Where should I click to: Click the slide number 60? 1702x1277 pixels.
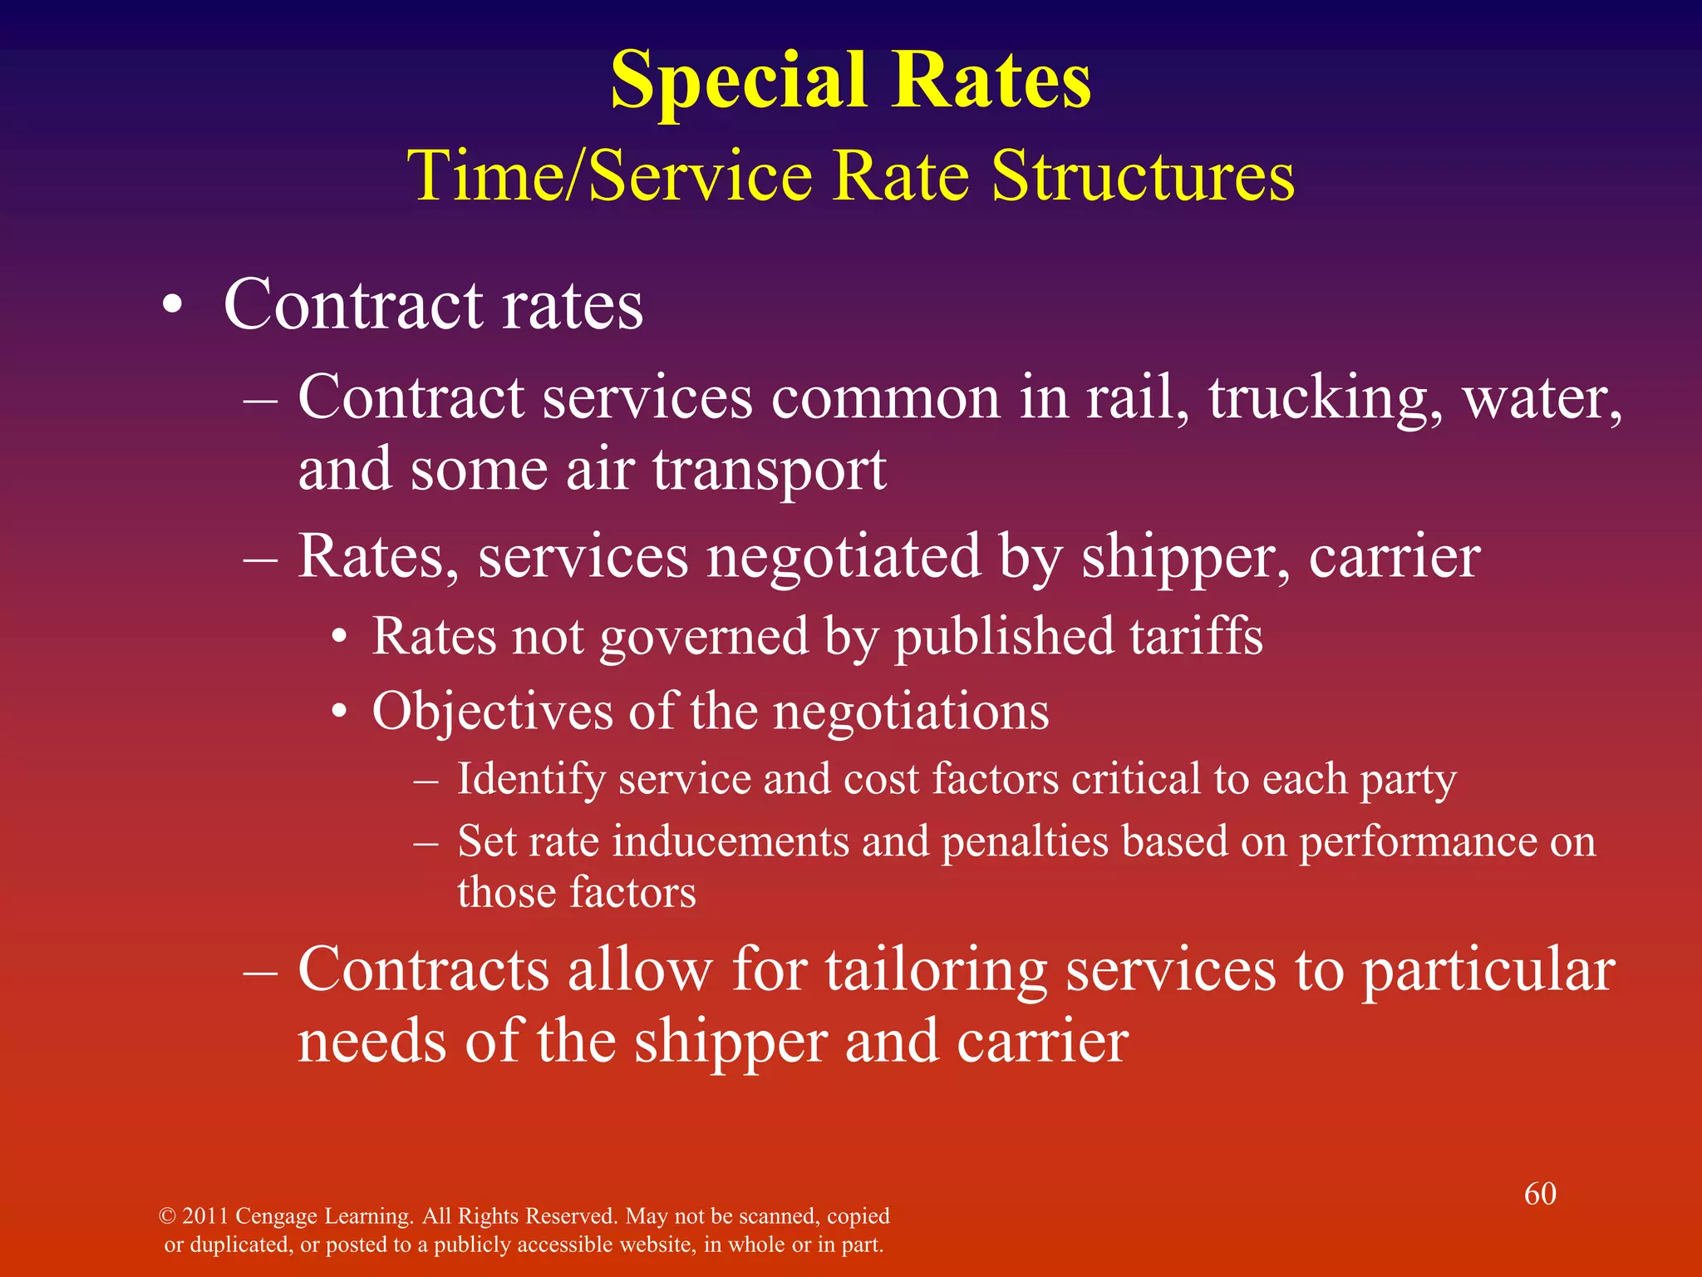pos(1540,1194)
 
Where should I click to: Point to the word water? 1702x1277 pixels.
pos(1542,399)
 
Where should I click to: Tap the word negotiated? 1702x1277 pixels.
pos(844,557)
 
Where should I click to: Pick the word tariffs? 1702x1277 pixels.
pos(1196,637)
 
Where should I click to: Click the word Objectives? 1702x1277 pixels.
pos(490,712)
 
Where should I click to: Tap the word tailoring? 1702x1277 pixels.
pos(936,970)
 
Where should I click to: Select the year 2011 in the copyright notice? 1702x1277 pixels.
pos(204,1216)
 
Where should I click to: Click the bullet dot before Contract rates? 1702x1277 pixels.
pos(172,307)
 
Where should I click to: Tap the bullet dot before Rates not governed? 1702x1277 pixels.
pos(338,638)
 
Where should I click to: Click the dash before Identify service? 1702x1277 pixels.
pos(426,780)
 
